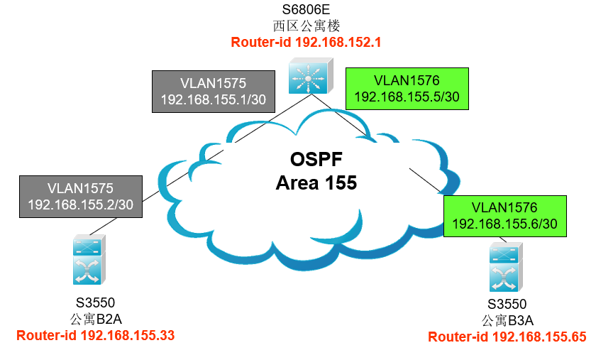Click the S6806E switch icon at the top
tap(311, 76)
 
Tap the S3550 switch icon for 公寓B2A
tap(89, 260)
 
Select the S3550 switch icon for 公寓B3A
tap(506, 267)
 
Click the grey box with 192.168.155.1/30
tap(214, 92)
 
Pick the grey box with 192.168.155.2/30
tap(81, 197)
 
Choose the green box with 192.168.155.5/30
tap(407, 89)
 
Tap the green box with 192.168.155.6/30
tap(505, 216)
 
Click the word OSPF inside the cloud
tap(316, 159)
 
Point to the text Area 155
tap(316, 182)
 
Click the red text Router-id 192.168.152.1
tap(306, 42)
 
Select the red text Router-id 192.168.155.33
tap(95, 335)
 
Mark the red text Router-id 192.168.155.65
tap(507, 337)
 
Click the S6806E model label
tap(306, 9)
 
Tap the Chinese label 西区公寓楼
tap(307, 26)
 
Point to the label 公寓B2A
tap(96, 319)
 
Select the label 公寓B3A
tap(507, 320)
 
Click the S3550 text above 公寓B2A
tap(95, 303)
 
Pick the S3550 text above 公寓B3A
tap(507, 304)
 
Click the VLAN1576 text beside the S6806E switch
tap(407, 80)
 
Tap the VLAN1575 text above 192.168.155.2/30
tap(81, 188)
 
